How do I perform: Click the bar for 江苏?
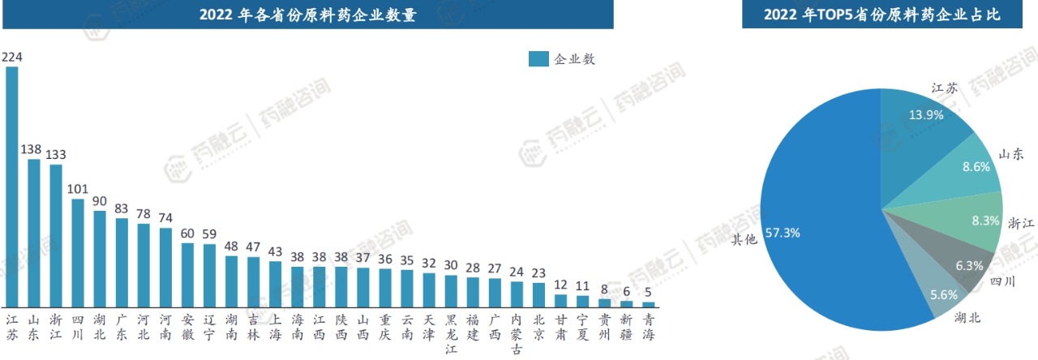pos(12,186)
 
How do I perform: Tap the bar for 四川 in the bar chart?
pos(78,252)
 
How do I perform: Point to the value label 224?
pos(12,57)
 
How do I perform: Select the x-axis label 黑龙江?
pos(451,332)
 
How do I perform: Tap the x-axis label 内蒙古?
pos(517,332)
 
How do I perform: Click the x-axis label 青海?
pos(648,324)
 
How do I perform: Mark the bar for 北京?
pos(538,294)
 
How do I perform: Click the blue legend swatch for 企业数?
pos(538,59)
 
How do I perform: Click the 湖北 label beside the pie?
pos(967,318)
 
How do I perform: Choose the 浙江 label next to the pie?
pos(1021,222)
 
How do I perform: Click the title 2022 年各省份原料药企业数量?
pos(307,15)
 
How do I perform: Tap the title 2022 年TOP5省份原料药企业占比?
pos(881,15)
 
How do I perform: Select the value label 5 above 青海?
pos(648,292)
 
